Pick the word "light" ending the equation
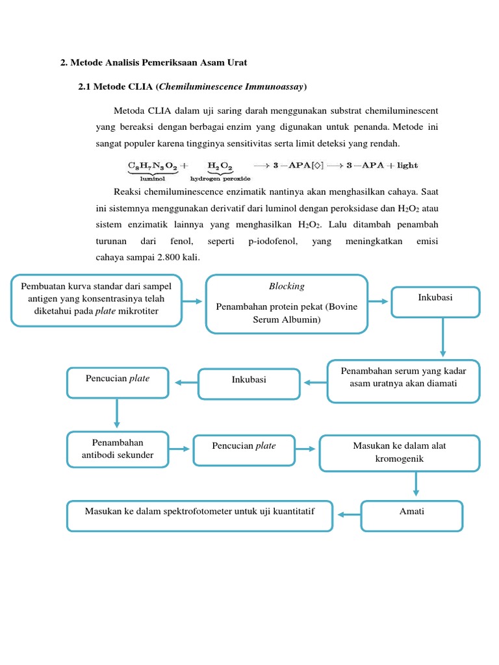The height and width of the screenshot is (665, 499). (407, 166)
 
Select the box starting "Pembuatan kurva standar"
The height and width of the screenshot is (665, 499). (97, 299)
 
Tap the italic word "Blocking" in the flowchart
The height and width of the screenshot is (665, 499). (287, 286)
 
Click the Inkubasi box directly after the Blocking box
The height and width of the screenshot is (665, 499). (436, 303)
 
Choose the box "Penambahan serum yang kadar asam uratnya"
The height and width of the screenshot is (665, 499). (403, 381)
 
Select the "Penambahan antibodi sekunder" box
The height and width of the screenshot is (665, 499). (118, 449)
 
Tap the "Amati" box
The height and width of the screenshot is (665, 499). (412, 516)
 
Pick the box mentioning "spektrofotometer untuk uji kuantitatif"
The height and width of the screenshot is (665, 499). (200, 516)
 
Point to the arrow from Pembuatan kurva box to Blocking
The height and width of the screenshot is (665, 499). (193, 301)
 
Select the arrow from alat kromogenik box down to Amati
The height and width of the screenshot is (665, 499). (416, 484)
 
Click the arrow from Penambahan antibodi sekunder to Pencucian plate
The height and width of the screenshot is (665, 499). (181, 449)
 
